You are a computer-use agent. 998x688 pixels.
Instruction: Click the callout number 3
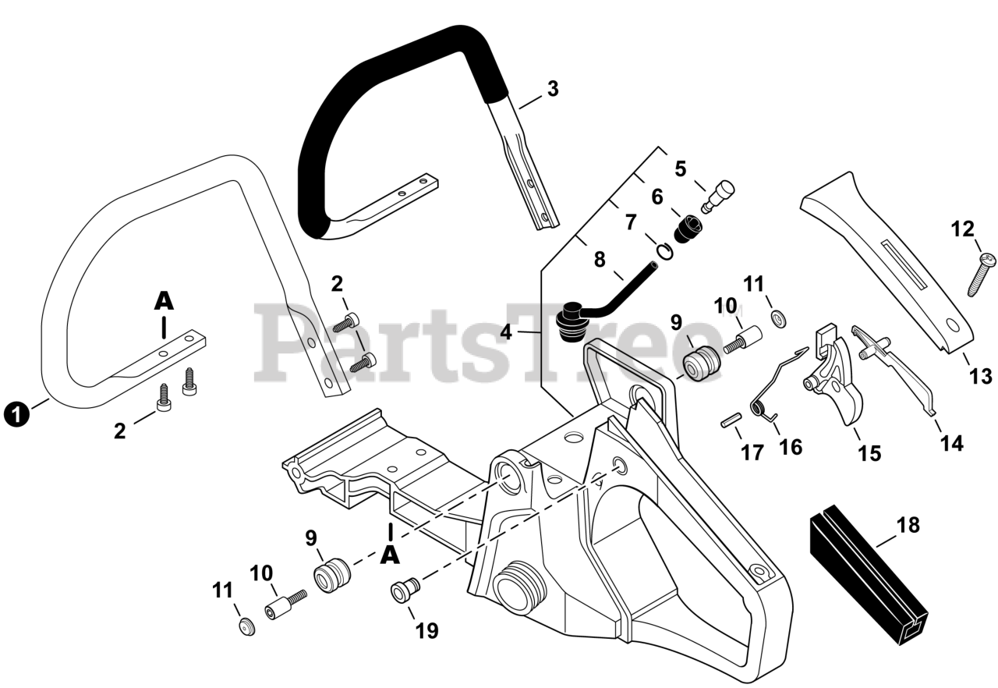pyautogui.click(x=552, y=89)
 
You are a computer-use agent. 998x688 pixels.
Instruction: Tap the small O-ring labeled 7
pyautogui.click(x=664, y=251)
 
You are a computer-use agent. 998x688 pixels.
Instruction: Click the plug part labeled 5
pyautogui.click(x=720, y=195)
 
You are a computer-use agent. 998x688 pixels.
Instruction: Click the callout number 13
pyautogui.click(x=981, y=376)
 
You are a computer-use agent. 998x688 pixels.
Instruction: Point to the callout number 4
pyautogui.click(x=507, y=332)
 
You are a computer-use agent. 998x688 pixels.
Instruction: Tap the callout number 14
pyautogui.click(x=951, y=443)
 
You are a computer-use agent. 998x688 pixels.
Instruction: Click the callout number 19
pyautogui.click(x=426, y=629)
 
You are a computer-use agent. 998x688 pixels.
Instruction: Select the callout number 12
pyautogui.click(x=963, y=229)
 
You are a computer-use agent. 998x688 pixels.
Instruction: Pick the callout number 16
pyautogui.click(x=790, y=447)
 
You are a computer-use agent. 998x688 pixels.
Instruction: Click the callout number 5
pyautogui.click(x=681, y=168)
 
